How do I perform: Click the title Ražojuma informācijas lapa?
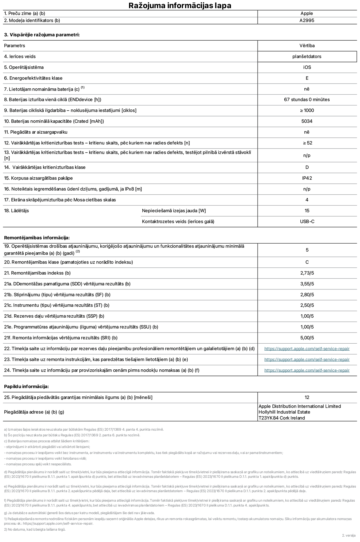click(180, 5)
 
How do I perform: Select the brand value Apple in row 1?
click(307, 13)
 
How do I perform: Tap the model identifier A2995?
click(307, 20)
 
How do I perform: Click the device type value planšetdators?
click(307, 56)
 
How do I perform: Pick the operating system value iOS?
click(307, 67)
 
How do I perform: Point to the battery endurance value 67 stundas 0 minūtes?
click(307, 99)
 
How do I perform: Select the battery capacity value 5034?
click(307, 121)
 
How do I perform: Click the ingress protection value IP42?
click(307, 178)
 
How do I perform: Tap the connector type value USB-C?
click(307, 221)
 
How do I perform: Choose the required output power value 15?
click(307, 211)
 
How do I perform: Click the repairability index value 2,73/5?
click(307, 273)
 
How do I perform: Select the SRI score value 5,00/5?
click(307, 338)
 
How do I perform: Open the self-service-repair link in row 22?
click(307, 349)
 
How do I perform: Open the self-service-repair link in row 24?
click(307, 370)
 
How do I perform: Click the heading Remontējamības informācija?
click(37, 238)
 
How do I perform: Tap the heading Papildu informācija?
click(26, 386)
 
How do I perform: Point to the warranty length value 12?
click(307, 397)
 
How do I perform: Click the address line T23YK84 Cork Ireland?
click(281, 418)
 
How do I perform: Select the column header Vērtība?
click(307, 46)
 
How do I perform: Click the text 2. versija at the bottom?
click(349, 535)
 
